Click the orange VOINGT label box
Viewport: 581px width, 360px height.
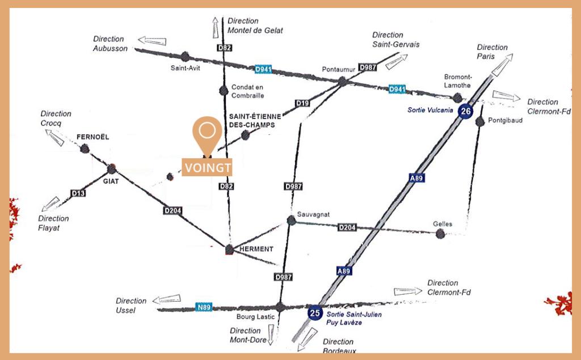click(207, 167)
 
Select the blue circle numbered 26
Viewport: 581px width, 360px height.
click(465, 111)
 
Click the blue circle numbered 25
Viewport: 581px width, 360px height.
click(315, 313)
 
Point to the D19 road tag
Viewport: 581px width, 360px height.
click(302, 103)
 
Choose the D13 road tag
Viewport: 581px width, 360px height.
click(78, 193)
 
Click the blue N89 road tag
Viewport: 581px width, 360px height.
click(204, 307)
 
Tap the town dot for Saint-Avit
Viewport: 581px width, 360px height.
click(186, 57)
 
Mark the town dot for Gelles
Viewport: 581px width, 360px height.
click(440, 234)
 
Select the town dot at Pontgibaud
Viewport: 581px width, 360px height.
click(480, 121)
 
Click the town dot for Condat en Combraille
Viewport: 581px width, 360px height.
click(224, 90)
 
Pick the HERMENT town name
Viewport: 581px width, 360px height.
click(256, 249)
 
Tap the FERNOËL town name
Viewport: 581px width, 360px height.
click(92, 137)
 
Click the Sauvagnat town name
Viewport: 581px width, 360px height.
click(313, 214)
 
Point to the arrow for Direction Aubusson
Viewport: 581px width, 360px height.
click(152, 40)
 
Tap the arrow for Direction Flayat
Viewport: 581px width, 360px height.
click(50, 204)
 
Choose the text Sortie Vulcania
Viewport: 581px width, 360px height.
click(430, 110)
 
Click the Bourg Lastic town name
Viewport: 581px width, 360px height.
click(256, 317)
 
